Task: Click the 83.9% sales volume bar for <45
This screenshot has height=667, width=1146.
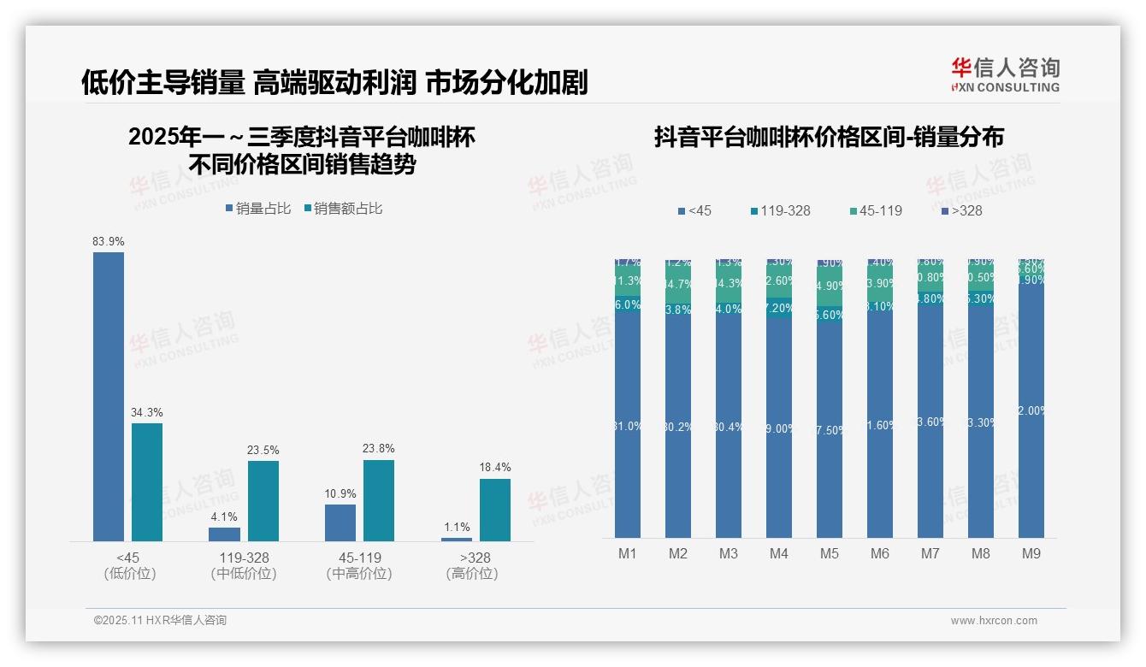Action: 109,396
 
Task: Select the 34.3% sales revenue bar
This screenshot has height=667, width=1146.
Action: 147,481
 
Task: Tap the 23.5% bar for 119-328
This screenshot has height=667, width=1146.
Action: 263,500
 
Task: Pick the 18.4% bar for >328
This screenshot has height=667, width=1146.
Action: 494,510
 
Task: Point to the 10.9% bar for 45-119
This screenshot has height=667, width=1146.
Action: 340,522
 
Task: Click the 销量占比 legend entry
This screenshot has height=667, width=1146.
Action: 257,208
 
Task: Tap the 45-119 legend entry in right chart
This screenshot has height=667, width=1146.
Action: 876,210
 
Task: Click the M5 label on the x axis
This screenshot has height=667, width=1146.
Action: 830,553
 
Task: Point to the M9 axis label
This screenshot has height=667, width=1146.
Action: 1031,553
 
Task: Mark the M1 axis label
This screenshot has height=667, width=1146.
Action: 628,553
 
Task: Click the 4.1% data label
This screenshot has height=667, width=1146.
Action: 224,516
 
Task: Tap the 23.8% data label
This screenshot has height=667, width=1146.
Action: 379,449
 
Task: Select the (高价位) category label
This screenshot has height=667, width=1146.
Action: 471,574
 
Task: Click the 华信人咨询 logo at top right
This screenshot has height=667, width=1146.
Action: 1005,74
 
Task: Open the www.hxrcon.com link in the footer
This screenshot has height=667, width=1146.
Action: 994,621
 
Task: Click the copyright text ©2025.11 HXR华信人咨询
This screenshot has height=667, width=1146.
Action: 160,621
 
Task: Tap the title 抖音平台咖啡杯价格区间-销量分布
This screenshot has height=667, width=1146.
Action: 829,137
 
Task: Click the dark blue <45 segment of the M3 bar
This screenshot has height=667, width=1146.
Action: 729,428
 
